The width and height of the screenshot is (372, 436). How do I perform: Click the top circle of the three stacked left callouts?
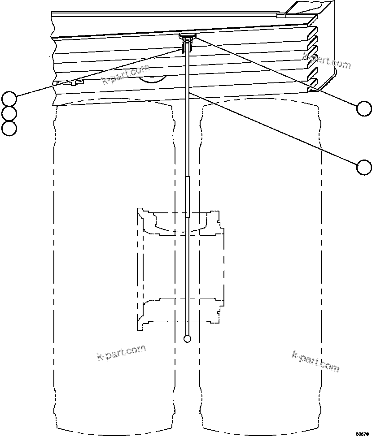coord(9,98)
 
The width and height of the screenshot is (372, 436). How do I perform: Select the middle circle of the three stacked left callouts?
coord(9,113)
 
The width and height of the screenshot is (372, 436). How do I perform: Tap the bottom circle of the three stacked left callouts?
coord(9,129)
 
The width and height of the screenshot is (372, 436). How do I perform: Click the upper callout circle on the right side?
coord(364,108)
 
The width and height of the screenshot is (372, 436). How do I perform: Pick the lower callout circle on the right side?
coord(364,167)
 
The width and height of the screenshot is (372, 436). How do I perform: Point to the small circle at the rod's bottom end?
coord(188,339)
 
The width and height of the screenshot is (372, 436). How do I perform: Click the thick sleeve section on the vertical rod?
coord(188,197)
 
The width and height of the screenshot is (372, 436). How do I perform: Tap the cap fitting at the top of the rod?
coord(187,36)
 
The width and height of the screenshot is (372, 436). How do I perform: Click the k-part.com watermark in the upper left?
coord(125,74)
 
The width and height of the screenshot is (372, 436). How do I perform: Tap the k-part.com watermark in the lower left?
coord(121,353)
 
